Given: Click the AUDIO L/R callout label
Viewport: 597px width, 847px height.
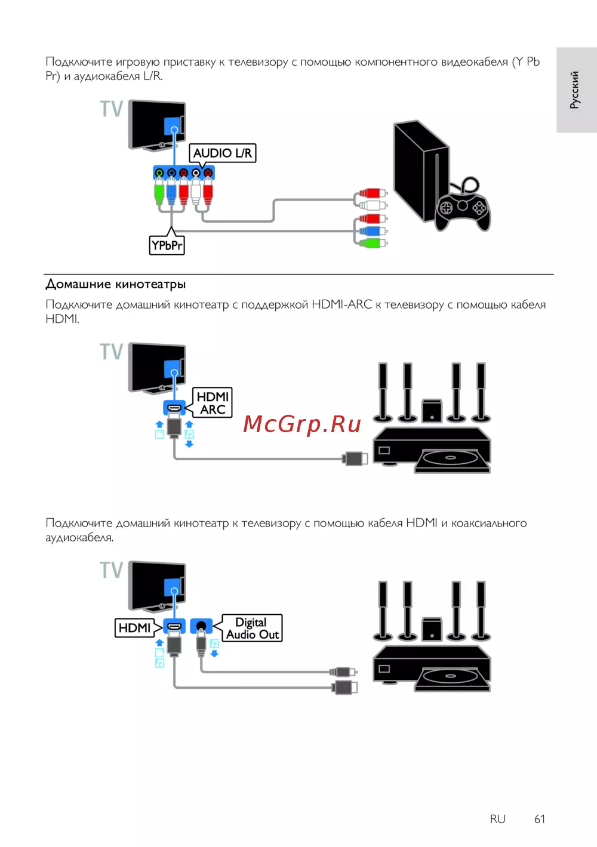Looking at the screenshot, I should pyautogui.click(x=222, y=153).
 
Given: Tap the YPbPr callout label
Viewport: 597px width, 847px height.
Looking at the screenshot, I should pyautogui.click(x=167, y=245).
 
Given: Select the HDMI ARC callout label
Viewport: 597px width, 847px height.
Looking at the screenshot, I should pyautogui.click(x=213, y=403).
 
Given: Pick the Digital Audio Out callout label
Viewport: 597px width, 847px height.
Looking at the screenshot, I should pyautogui.click(x=252, y=629).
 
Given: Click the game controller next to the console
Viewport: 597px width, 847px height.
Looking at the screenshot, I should pyautogui.click(x=462, y=206).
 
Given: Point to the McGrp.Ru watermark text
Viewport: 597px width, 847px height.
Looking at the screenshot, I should pyautogui.click(x=302, y=424).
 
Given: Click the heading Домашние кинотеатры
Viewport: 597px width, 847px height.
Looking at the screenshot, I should pyautogui.click(x=116, y=284).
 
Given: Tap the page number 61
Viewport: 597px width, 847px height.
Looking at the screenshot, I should pyautogui.click(x=540, y=819).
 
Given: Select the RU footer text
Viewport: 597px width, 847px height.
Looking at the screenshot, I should pyautogui.click(x=497, y=819).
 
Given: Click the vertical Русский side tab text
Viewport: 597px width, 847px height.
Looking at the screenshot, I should pyautogui.click(x=574, y=90).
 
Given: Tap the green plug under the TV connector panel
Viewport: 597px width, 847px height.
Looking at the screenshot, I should pyautogui.click(x=159, y=192).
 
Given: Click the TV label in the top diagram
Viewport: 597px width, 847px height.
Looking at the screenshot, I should pyautogui.click(x=112, y=109).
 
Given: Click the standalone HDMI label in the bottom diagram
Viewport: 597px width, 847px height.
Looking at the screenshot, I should pyautogui.click(x=134, y=628).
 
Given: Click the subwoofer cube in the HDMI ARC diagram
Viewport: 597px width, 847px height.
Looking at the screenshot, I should pyautogui.click(x=432, y=411).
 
